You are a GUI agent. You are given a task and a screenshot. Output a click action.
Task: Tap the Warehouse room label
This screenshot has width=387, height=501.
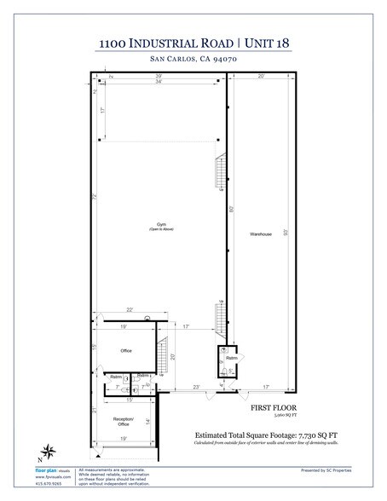click(260, 233)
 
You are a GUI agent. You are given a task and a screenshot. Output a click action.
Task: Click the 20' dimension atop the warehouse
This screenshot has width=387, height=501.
click(262, 77)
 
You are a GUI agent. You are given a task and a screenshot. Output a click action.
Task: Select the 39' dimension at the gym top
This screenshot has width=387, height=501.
click(159, 77)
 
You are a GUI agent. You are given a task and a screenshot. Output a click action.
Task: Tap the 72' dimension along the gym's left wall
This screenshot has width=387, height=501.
click(95, 196)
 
